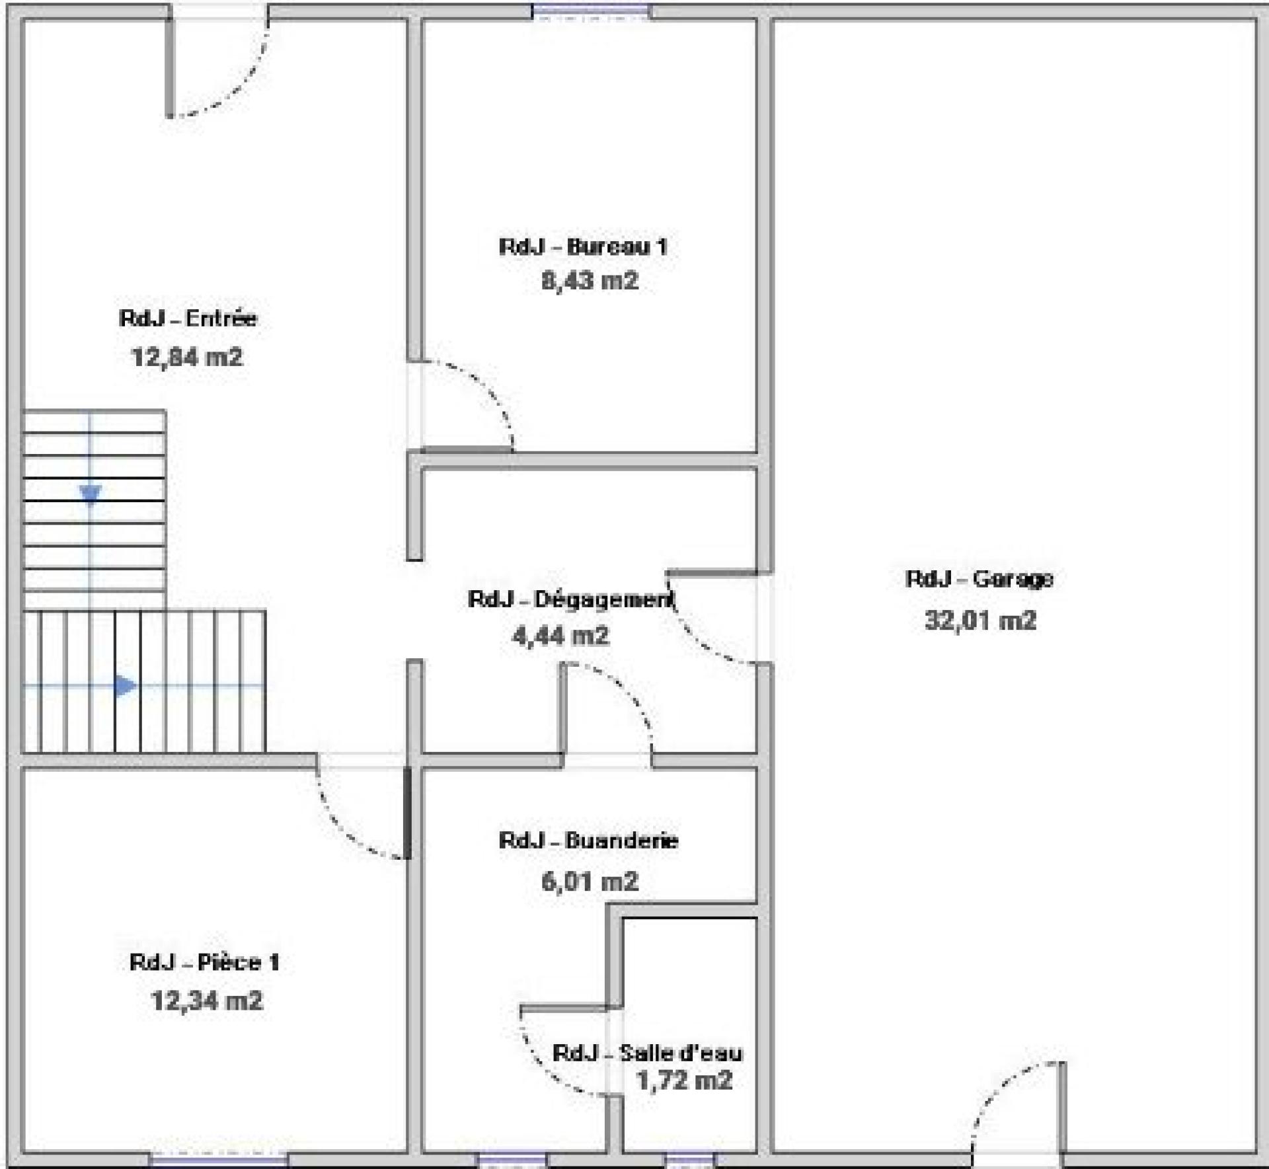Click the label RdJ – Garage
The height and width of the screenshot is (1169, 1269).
(980, 579)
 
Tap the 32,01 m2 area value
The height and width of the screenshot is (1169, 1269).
(980, 621)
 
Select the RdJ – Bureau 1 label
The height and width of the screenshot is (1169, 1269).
(583, 246)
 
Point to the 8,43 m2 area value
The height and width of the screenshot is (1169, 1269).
(590, 281)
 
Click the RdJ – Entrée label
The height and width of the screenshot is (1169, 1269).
(188, 319)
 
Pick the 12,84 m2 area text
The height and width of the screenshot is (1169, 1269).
(188, 358)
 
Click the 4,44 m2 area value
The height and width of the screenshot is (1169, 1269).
(560, 636)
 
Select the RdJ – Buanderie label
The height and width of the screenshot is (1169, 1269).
(589, 841)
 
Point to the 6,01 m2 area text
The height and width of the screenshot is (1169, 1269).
(590, 881)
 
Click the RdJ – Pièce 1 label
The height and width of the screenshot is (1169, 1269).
(205, 962)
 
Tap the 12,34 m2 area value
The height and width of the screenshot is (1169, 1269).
(207, 1000)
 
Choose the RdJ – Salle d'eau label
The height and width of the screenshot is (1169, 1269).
(648, 1053)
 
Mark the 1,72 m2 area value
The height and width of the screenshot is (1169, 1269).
(684, 1080)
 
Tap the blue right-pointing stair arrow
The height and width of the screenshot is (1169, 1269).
(126, 685)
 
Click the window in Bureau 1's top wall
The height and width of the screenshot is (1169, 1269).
(591, 11)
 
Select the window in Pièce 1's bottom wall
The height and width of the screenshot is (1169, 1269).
(219, 1159)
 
